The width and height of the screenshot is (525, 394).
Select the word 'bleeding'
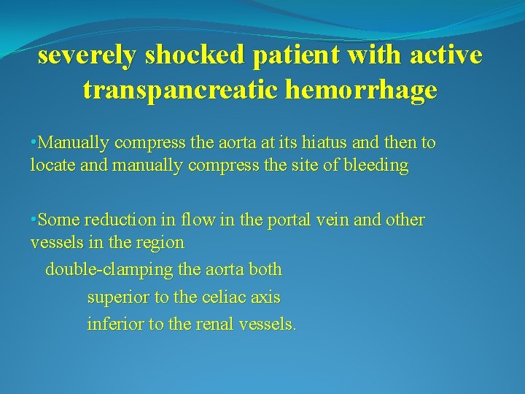(376, 166)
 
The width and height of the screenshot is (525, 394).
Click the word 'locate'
(51, 166)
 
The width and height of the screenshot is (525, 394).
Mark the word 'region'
(160, 242)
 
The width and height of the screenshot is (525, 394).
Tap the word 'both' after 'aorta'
(265, 270)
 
